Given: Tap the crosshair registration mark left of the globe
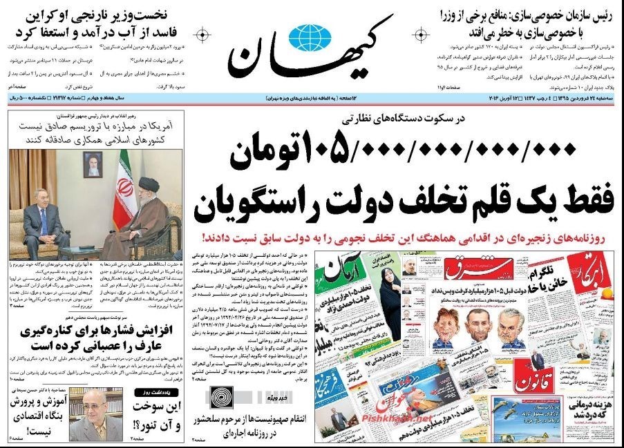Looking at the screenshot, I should [x=202, y=34].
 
